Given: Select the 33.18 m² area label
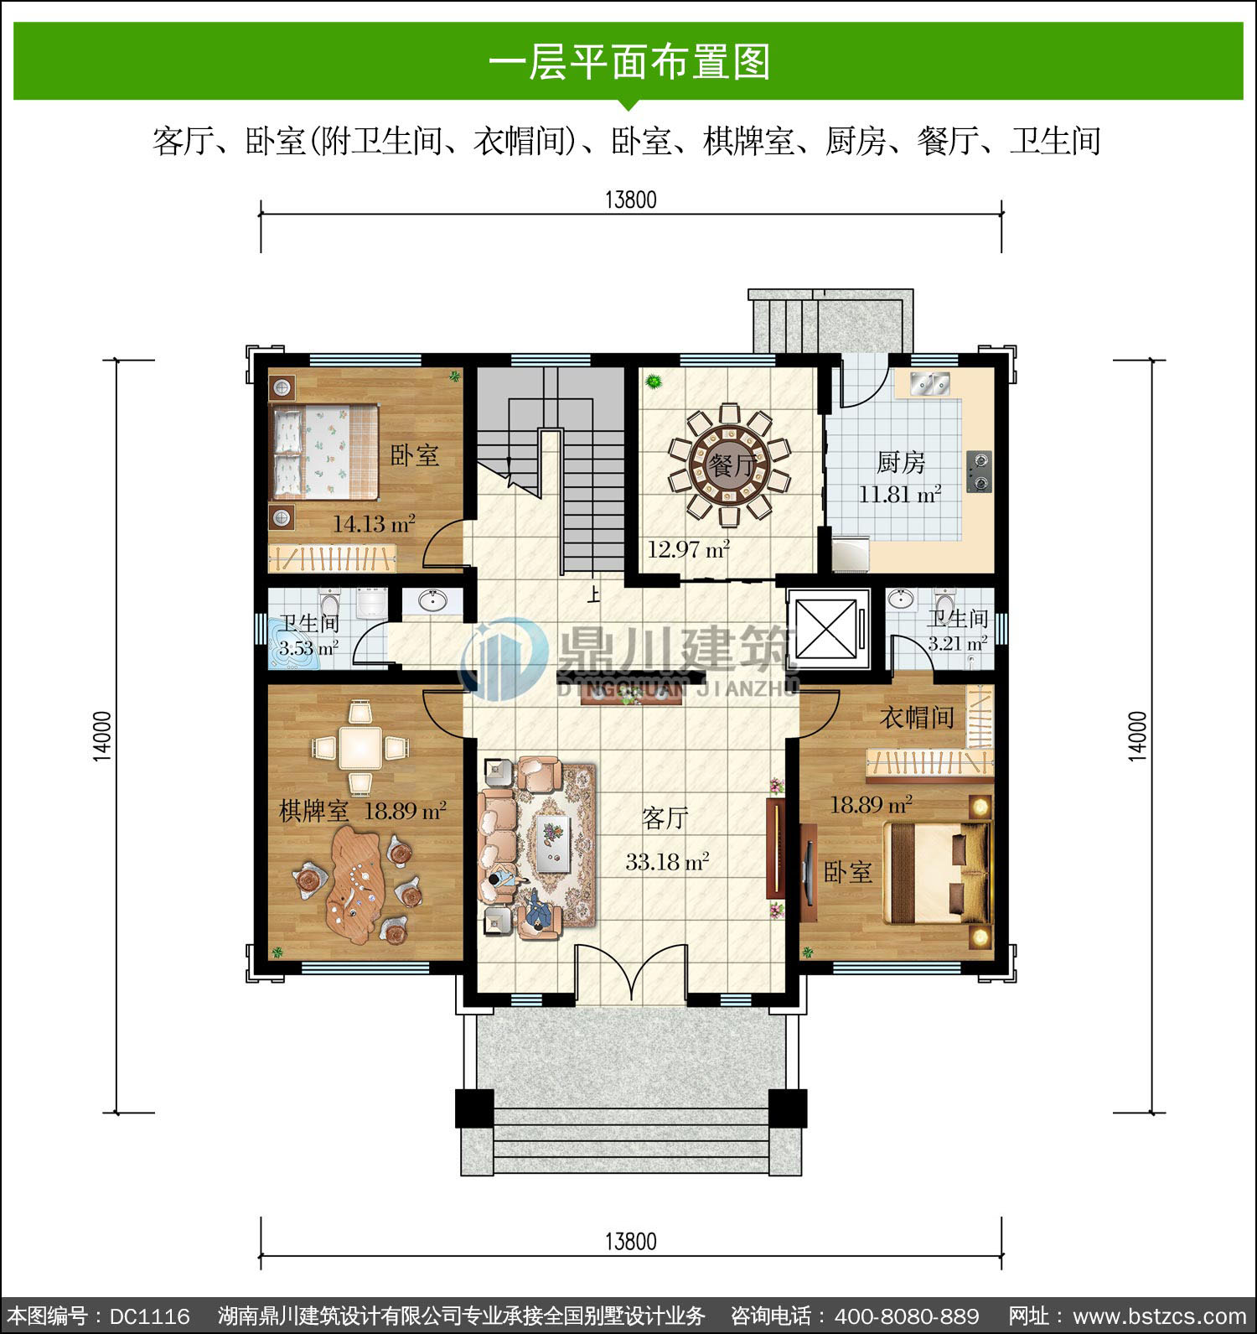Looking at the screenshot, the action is coord(668,861).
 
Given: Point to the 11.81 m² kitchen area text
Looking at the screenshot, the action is coord(899,494).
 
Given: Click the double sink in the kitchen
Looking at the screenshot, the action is coord(929,382).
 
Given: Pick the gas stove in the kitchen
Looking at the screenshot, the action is coord(978,471).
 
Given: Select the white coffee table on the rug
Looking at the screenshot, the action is coord(552,843).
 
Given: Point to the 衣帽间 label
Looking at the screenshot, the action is coord(917,717).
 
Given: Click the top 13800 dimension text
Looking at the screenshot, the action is coord(630,200).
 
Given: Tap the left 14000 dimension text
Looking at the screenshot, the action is coord(101,736).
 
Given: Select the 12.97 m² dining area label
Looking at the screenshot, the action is coord(689,550).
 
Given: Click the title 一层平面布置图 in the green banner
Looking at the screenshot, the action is coord(628,62).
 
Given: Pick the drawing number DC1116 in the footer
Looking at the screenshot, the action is coord(149,1316).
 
